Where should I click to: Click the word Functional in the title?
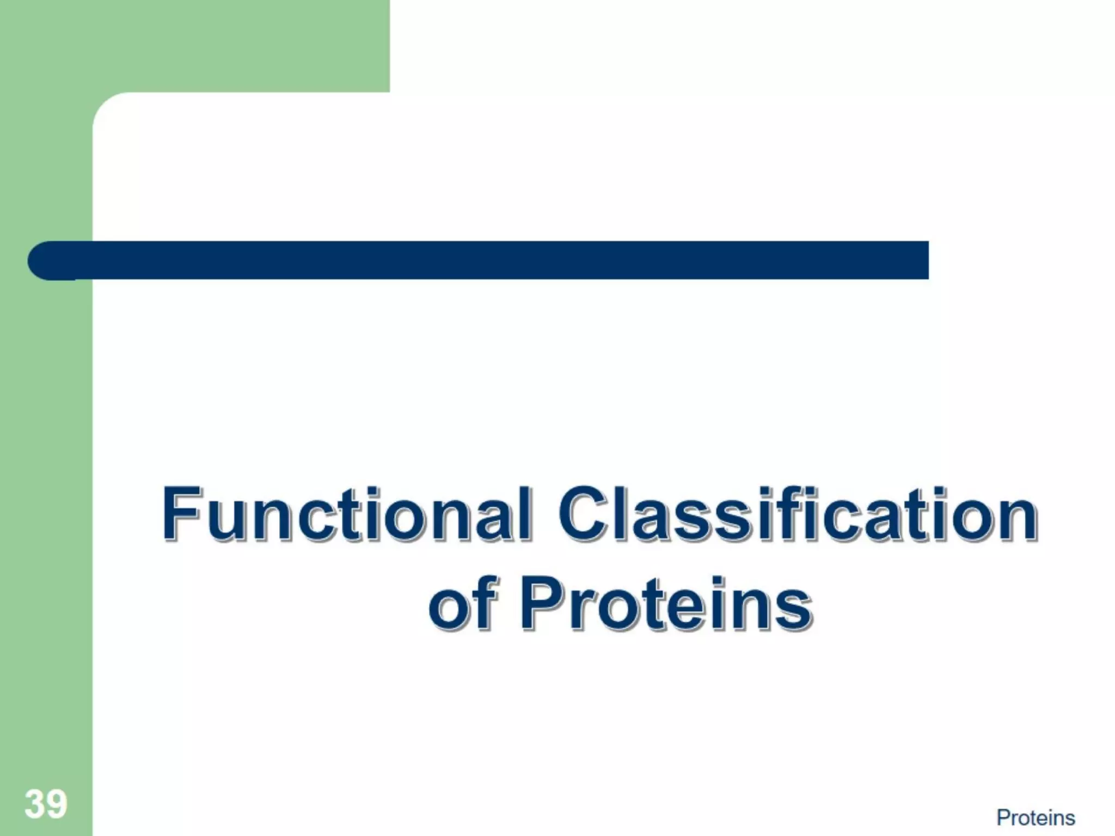pos(346,514)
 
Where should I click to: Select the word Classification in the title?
pos(798,514)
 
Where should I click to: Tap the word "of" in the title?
pos(463,604)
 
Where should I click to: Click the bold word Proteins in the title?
pos(666,604)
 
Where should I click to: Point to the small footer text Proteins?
pos(1036,818)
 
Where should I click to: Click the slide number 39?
pos(46,804)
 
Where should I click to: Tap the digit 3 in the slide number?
pos(35,804)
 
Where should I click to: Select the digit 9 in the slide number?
pos(57,804)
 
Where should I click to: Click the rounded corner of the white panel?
pos(109,109)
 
